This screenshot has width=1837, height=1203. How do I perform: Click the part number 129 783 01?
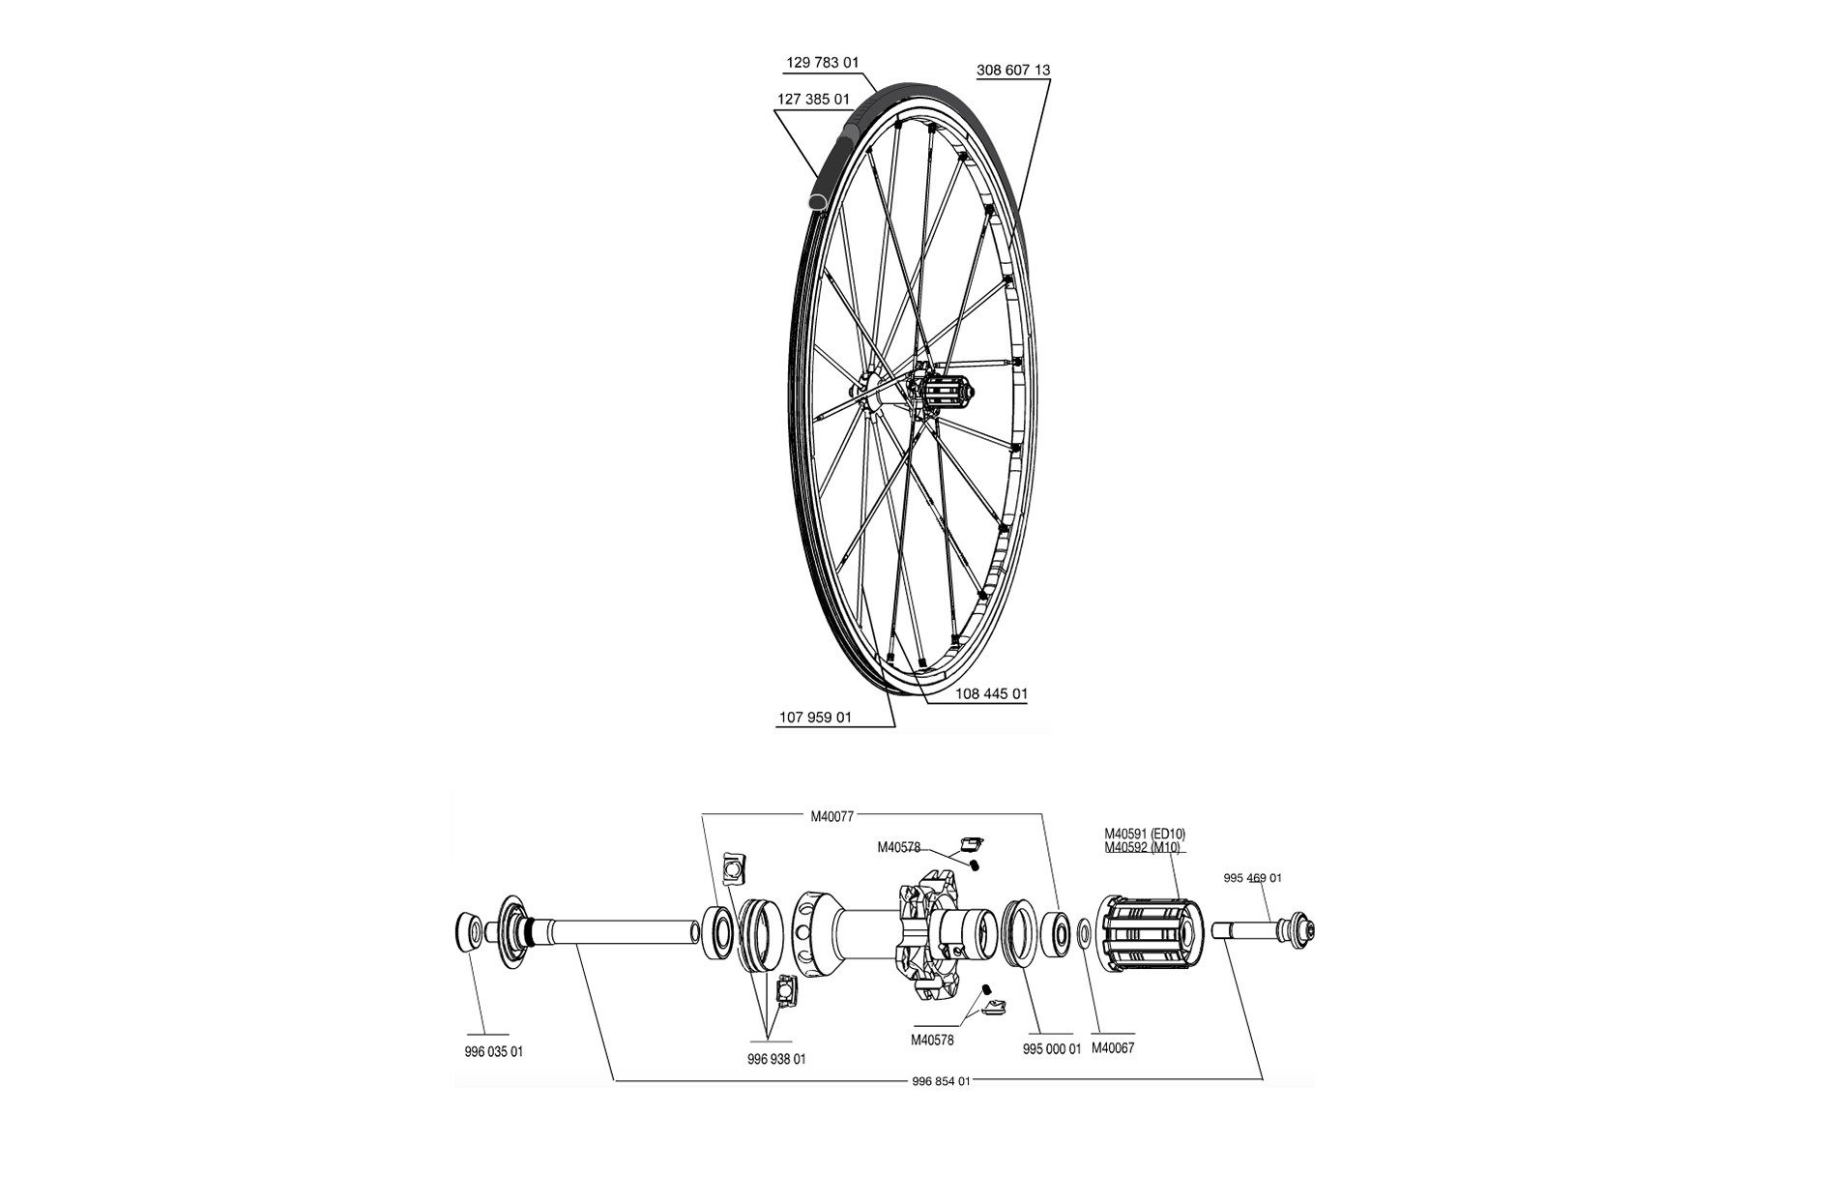822,63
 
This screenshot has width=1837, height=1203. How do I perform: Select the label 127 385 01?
813,100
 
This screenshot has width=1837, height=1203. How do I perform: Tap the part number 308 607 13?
1013,71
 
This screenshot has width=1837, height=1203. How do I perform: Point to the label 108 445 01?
991,694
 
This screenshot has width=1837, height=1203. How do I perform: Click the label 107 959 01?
815,719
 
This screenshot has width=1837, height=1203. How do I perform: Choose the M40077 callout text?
831,816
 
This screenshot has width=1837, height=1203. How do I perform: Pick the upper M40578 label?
898,848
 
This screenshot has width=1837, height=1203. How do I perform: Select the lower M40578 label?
932,1041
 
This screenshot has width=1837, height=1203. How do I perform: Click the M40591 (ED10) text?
1145,835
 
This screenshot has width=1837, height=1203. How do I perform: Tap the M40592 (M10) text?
1142,848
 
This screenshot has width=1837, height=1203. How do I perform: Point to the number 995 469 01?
1252,879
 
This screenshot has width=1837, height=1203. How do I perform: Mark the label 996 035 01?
493,1052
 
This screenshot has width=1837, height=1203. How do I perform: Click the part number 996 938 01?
776,1060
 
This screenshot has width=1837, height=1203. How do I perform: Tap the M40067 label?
1113,1048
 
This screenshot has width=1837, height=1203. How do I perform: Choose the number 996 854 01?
941,1081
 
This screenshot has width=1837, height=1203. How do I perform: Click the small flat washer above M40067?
1084,932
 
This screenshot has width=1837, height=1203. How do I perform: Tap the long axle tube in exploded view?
619,932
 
